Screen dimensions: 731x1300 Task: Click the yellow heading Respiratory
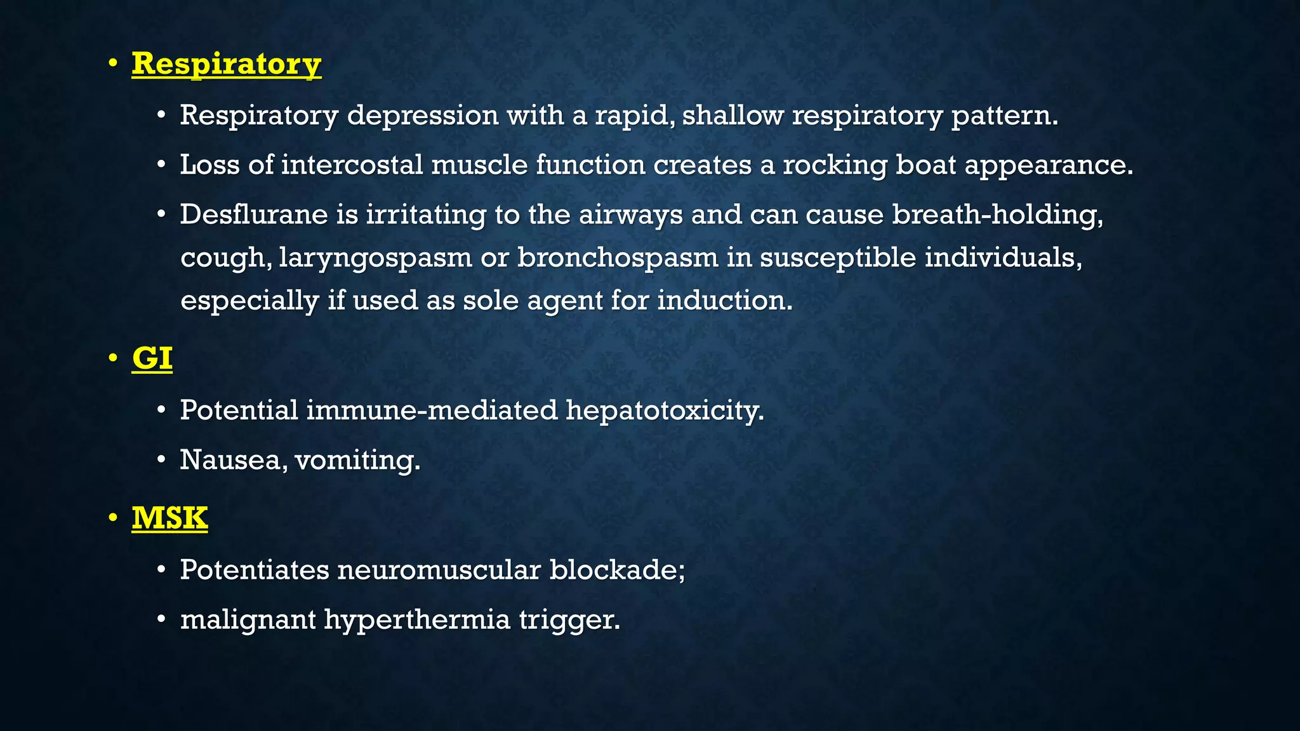(x=226, y=64)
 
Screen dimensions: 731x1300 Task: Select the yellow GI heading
(x=152, y=359)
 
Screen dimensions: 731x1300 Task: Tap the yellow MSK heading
(x=169, y=518)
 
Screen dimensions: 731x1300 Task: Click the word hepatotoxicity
(x=665, y=411)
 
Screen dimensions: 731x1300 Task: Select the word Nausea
(x=232, y=460)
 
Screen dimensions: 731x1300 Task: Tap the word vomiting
(x=357, y=460)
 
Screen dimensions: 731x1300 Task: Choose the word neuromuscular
(x=439, y=570)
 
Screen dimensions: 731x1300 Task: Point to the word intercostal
(x=352, y=165)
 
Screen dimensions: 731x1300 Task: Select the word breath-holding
(x=997, y=214)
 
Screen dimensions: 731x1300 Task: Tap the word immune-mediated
(x=432, y=411)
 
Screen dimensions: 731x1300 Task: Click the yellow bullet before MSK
(x=113, y=518)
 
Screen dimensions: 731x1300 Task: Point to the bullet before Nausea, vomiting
(x=162, y=460)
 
